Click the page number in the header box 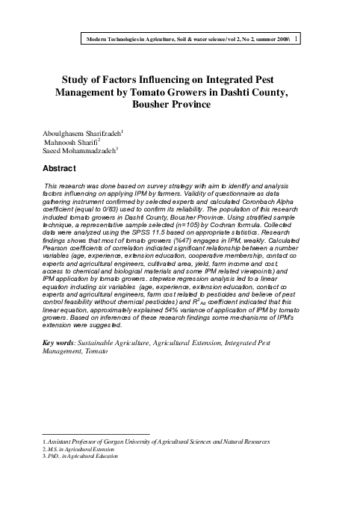298,38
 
